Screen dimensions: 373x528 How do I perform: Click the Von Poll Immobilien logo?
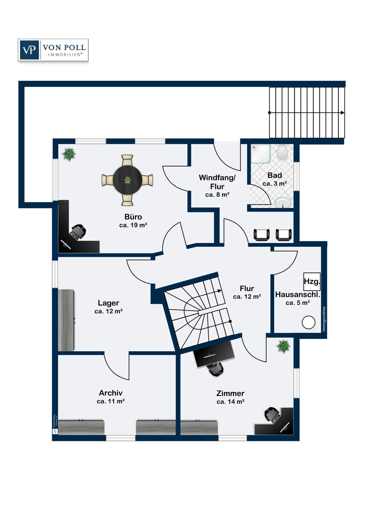click(53, 50)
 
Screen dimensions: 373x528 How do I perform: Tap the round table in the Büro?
click(127, 180)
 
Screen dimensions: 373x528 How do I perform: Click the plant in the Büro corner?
click(69, 155)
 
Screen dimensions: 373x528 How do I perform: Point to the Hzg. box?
click(312, 282)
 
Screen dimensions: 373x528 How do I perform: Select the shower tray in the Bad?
click(261, 154)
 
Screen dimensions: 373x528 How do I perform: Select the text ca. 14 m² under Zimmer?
click(230, 402)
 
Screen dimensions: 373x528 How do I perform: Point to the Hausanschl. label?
click(298, 294)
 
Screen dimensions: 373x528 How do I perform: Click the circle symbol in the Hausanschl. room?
click(309, 322)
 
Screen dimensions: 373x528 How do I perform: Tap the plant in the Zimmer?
click(284, 346)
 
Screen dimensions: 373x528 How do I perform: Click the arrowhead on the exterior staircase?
click(342, 113)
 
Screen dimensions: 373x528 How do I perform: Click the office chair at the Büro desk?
click(78, 232)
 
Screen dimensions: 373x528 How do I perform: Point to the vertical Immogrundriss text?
click(324, 319)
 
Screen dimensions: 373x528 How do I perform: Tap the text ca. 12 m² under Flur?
click(247, 296)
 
